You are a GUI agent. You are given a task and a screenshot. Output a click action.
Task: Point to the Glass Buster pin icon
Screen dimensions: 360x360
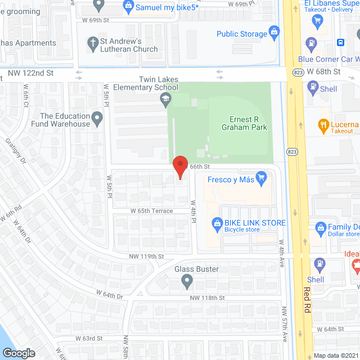click(188, 281)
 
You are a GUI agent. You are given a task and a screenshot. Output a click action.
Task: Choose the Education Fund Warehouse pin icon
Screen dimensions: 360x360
click(98, 119)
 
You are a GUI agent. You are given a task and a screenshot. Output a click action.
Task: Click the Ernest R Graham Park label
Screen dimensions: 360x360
click(248, 123)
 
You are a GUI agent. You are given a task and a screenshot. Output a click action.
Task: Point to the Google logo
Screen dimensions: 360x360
click(18, 353)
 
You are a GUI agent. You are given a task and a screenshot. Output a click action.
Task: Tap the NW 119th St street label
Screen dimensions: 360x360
click(145, 256)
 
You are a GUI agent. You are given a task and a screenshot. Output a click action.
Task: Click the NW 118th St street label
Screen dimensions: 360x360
click(207, 298)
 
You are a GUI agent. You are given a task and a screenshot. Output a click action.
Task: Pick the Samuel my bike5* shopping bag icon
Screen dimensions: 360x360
click(129, 7)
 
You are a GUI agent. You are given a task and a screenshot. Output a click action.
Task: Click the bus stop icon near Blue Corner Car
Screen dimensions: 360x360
click(340, 42)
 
